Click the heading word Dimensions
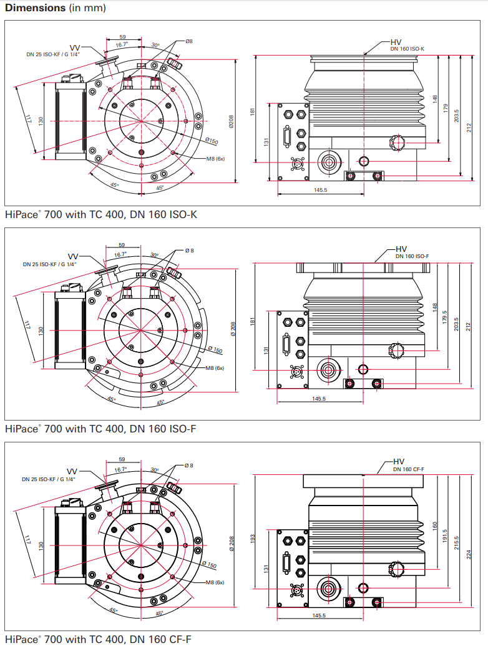pos(35,7)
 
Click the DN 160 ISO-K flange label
pos(407,49)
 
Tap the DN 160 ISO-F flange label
pos(412,256)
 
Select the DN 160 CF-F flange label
pos(408,469)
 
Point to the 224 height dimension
pos(469,555)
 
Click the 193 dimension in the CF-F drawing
pos(253,539)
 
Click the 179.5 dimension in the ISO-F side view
pos(445,317)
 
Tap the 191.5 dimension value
pos(445,536)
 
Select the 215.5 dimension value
pos(457,542)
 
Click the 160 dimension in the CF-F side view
pos(434,526)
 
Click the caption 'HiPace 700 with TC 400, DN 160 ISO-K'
pos(101,214)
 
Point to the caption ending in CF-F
pos(98,639)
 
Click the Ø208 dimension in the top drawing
pos(231,121)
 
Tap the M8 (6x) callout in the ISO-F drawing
pos(215,368)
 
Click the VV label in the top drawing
pos(75,48)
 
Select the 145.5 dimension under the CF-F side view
pos(319,616)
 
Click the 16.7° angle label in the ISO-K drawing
pos(122,44)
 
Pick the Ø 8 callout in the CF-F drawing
pos(189,466)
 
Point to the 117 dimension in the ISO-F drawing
pos(27,325)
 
